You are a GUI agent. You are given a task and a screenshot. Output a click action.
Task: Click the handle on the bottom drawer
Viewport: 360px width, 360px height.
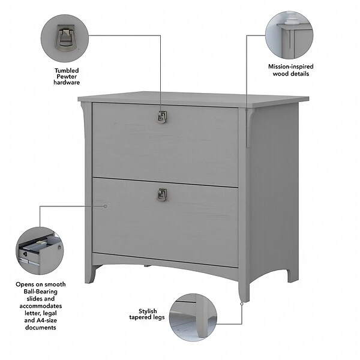162,194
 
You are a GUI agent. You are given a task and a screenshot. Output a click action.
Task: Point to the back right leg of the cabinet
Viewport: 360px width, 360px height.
292,272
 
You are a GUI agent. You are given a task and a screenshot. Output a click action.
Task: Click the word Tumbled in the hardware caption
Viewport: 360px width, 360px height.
66,70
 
